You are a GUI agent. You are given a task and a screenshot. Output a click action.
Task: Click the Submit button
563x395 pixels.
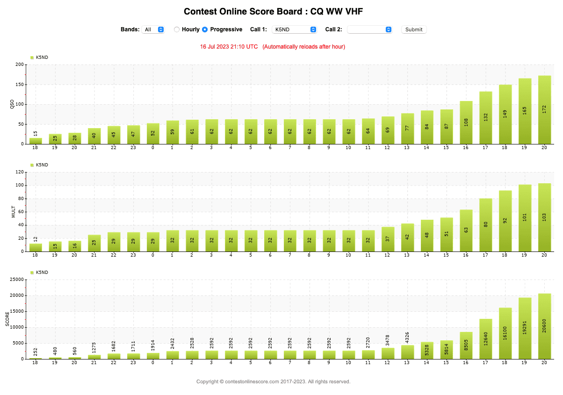click(414, 29)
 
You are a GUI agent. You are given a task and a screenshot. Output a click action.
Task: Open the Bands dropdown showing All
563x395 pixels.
click(153, 29)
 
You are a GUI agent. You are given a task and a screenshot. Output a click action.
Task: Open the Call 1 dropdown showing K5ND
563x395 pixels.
click(294, 29)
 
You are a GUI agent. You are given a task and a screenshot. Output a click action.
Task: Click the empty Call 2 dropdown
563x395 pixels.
click(369, 29)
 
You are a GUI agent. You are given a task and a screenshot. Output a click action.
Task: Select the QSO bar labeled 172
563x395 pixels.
click(544, 110)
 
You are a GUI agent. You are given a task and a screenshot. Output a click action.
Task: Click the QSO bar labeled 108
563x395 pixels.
click(466, 122)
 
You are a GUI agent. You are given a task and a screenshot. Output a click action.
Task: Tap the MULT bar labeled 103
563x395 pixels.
click(544, 217)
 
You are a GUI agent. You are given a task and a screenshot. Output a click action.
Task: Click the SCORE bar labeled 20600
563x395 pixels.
click(544, 326)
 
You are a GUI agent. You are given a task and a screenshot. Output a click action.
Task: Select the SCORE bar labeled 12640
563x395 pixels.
click(485, 339)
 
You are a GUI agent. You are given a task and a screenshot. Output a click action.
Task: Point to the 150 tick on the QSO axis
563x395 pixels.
click(20, 85)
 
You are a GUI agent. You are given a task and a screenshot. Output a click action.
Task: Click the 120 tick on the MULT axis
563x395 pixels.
click(20, 172)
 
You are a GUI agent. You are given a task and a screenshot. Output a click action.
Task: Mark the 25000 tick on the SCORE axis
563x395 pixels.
click(17, 280)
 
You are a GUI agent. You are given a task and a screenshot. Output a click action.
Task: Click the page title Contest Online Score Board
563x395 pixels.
click(273, 12)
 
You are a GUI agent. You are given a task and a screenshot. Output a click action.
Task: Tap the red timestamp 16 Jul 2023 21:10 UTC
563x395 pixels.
click(229, 47)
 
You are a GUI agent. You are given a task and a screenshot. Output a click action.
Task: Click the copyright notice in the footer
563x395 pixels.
click(273, 381)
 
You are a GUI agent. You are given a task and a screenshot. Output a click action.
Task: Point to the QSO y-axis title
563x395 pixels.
click(12, 105)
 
